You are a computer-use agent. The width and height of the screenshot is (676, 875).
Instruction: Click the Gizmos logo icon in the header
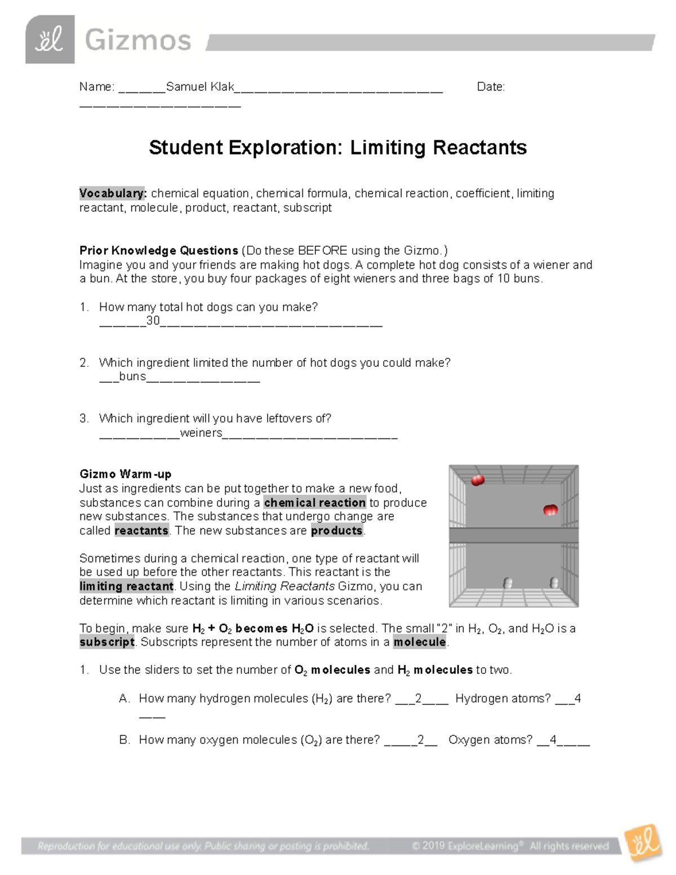tap(50, 39)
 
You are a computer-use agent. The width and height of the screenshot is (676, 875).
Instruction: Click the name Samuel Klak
tap(200, 87)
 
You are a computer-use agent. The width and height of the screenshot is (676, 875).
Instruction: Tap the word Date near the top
tap(490, 87)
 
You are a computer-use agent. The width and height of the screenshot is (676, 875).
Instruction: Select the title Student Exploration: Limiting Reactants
tap(337, 148)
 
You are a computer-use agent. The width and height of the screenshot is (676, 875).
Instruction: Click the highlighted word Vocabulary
tap(113, 193)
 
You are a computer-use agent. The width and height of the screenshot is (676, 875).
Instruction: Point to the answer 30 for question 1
tap(153, 321)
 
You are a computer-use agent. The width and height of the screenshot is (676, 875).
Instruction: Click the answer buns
tap(132, 376)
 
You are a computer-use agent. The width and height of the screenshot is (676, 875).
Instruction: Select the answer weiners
tap(201, 433)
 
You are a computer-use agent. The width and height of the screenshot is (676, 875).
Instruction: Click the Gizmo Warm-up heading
tap(125, 474)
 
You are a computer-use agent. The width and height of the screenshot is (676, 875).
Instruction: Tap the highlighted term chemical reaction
tap(315, 503)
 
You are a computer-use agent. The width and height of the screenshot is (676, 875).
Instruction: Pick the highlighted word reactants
tap(141, 530)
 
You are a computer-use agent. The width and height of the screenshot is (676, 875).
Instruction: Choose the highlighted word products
tap(337, 530)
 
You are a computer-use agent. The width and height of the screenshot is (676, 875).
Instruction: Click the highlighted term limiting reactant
tap(126, 586)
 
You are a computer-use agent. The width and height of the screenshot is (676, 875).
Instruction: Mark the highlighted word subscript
tap(107, 642)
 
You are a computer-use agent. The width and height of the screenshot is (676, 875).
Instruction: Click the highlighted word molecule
tap(420, 642)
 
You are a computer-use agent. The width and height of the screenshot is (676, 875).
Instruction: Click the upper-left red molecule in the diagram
tap(478, 481)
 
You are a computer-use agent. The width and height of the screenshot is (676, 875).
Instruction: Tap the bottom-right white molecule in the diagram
tap(554, 583)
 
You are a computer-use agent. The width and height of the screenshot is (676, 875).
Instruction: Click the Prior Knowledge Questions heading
tap(159, 250)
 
